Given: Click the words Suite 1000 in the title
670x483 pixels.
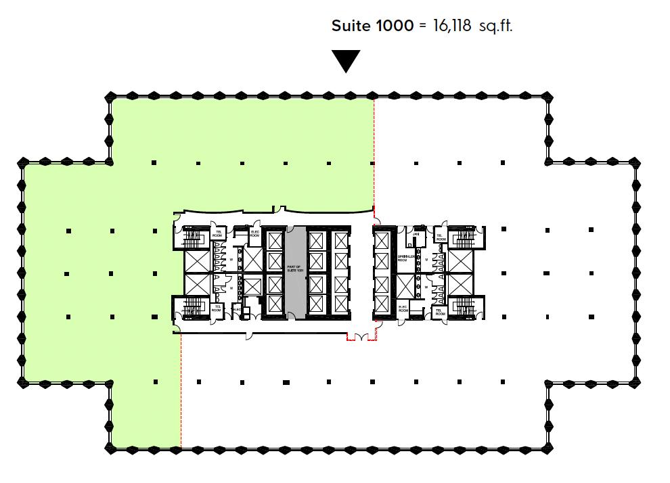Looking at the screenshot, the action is pyautogui.click(x=372, y=26).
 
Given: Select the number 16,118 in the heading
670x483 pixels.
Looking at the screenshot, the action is pyautogui.click(x=451, y=26).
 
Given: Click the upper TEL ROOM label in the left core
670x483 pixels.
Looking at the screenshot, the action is pyautogui.click(x=218, y=233).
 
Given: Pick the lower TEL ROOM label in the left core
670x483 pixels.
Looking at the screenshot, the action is pyautogui.click(x=218, y=308).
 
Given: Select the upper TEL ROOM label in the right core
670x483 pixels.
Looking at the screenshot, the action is pyautogui.click(x=440, y=236).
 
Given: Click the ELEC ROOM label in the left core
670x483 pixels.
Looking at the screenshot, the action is pyautogui.click(x=254, y=235).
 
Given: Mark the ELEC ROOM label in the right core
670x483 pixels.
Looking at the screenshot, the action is pyautogui.click(x=403, y=308).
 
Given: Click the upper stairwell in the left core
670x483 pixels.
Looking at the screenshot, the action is pyautogui.click(x=194, y=239).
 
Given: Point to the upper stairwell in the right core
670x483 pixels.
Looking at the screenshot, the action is pyautogui.click(x=464, y=239).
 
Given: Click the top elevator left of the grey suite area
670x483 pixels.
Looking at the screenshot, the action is pyautogui.click(x=274, y=240).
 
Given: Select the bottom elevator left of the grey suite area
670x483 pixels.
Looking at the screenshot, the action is pyautogui.click(x=274, y=304).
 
